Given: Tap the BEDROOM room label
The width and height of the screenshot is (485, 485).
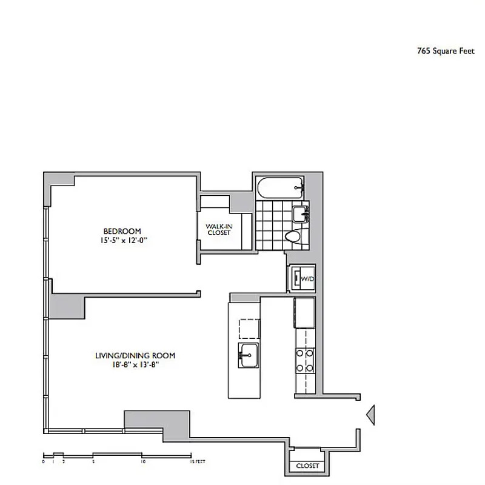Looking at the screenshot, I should [x=122, y=231].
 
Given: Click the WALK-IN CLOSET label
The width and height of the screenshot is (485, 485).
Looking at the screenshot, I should [x=219, y=229].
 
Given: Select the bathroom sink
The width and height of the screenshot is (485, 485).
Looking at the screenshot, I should [x=300, y=213].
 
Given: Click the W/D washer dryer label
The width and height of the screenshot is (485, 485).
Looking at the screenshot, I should [x=307, y=279].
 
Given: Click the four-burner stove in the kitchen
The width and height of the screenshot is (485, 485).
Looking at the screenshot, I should [x=304, y=360].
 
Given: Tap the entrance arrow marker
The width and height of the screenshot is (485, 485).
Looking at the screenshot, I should [x=371, y=413].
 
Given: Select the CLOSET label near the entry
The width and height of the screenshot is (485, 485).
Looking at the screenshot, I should [x=307, y=466].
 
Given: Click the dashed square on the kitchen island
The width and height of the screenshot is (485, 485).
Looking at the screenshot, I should [x=249, y=328].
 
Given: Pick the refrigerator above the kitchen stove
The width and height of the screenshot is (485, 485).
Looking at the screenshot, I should [x=304, y=312].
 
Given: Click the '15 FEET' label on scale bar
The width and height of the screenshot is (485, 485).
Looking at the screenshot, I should [x=198, y=461].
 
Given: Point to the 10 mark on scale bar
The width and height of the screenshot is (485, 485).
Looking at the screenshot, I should [x=142, y=461].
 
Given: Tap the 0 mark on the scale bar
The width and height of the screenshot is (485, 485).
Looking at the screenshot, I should [x=44, y=461].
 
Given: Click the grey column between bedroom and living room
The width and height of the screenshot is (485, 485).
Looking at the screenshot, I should [x=67, y=306].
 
